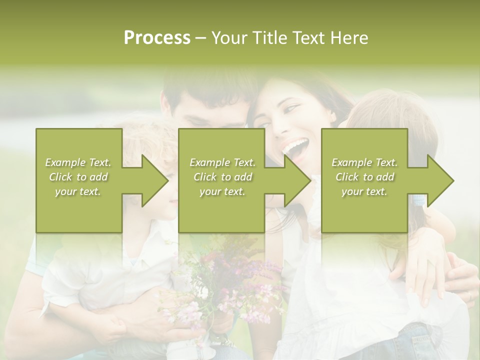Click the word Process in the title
(157, 38)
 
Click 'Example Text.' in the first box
(78, 162)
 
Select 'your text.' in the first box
(78, 191)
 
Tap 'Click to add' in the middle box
(222, 177)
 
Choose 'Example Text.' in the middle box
(222, 162)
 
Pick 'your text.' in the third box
(364, 191)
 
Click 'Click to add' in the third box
(364, 177)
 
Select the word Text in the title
(307, 38)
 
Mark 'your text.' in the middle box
(222, 191)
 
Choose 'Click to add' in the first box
(78, 177)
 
